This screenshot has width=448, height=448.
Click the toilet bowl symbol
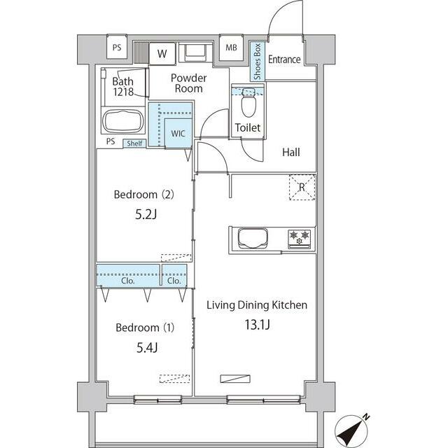coord(248,104)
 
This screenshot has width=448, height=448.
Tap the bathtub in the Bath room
coord(123,121)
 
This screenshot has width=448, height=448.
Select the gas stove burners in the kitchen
coord(300,238)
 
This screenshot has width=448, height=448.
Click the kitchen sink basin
coord(253,237)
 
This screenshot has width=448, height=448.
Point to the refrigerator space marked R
coord(302,188)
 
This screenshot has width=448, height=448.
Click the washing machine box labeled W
coord(162,54)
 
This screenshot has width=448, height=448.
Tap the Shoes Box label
coord(258,61)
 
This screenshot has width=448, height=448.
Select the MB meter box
coord(231,48)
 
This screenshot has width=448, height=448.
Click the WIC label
coord(178,134)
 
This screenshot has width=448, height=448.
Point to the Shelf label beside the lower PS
coord(134,143)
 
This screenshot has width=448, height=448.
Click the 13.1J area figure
coord(257,325)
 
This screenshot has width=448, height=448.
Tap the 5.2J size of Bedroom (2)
coord(146,214)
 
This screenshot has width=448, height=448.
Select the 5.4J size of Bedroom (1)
coord(147,347)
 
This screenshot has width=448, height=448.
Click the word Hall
coord(291,153)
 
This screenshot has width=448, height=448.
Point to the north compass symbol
coord(352,431)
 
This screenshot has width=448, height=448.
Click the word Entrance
coord(284,59)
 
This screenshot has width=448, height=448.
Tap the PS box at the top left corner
coord(117,47)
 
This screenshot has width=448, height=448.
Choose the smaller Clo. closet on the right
coord(174,275)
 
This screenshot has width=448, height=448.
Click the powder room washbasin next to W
coord(196,52)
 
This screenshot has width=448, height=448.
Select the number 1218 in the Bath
coord(123,92)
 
